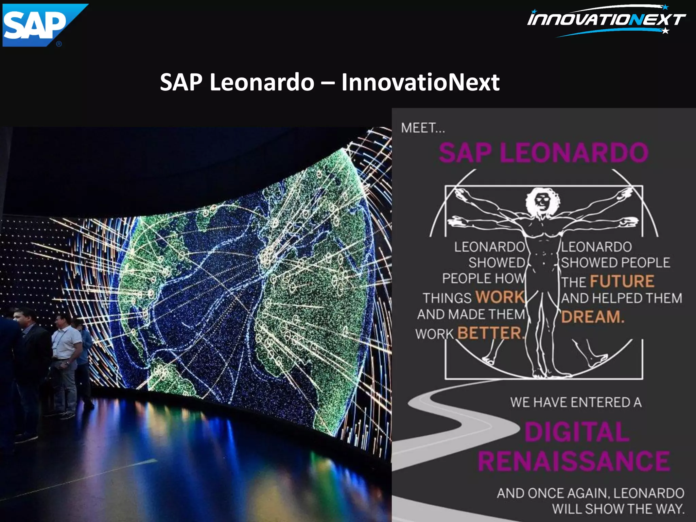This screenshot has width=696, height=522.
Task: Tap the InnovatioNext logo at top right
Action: pos(607,20)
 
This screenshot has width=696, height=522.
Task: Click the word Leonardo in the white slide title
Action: pos(262,82)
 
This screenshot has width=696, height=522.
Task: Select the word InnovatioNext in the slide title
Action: pos(420,82)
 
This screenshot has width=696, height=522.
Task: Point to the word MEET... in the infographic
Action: pos(422,128)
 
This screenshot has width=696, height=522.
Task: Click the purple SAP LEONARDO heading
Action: pos(544,152)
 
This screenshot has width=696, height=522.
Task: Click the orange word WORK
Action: pos(500,297)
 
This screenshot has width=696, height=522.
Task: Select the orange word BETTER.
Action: pos(489,333)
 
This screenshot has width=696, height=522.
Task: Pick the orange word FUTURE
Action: pos(622,281)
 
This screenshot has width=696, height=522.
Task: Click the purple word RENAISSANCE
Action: pos(574,462)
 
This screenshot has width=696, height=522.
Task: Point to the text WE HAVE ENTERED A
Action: pos(576,402)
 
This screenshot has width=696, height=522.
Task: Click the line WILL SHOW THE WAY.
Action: pos(618,509)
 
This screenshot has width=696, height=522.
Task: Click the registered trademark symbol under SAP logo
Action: pos(59,44)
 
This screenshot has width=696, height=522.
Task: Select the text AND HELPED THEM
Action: pos(621,298)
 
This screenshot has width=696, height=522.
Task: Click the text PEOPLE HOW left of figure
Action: pos(483,278)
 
